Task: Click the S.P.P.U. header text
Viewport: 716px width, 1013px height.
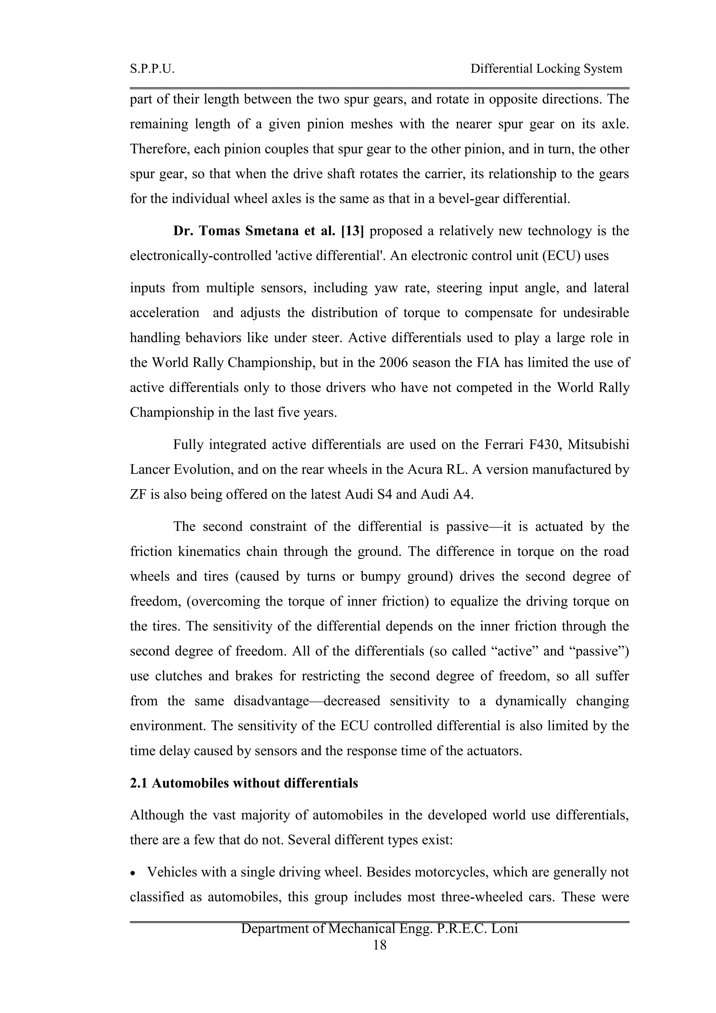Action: (152, 69)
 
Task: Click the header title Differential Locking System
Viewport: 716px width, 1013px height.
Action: (546, 69)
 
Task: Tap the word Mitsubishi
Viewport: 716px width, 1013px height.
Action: (598, 444)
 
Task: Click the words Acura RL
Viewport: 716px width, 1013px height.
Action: (445, 470)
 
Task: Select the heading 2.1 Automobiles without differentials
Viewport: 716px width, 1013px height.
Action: (244, 783)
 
